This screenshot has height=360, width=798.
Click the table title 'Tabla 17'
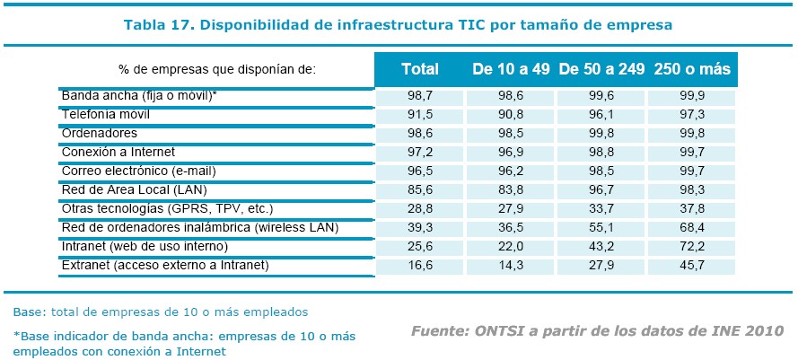coord(398,25)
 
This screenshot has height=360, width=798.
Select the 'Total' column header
coord(419,69)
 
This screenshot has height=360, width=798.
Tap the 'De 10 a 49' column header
coord(510,69)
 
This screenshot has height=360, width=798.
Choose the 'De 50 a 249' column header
coord(601,69)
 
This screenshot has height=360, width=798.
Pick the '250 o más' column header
coord(692,69)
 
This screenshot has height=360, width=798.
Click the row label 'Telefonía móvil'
coord(105,115)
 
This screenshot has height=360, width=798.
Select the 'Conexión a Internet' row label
coord(118,152)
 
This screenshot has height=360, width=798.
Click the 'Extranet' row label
coord(165,265)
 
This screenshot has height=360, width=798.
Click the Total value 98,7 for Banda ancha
coord(419,96)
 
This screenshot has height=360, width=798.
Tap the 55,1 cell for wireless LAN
coord(601,228)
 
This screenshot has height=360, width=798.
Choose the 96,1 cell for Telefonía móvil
coord(601,115)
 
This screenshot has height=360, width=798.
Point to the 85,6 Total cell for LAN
coord(419,190)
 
